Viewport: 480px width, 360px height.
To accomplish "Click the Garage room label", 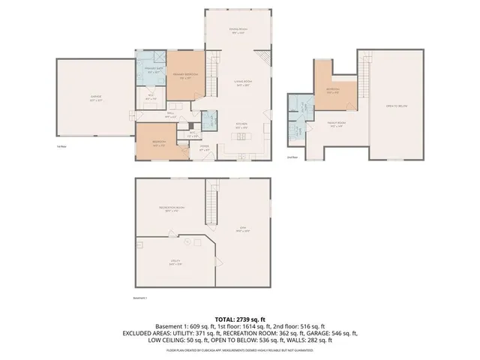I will click(94, 97).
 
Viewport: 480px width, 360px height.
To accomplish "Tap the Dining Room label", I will click(238, 30).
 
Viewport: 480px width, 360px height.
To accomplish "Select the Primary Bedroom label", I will click(184, 76).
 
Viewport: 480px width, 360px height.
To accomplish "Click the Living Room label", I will click(241, 85).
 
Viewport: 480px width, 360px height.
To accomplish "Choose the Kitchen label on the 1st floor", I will click(241, 127).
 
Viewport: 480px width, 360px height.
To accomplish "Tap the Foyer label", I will click(204, 148).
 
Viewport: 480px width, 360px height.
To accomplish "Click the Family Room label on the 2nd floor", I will click(336, 124).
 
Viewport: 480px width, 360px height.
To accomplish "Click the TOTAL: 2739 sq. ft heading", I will click(240, 319).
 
